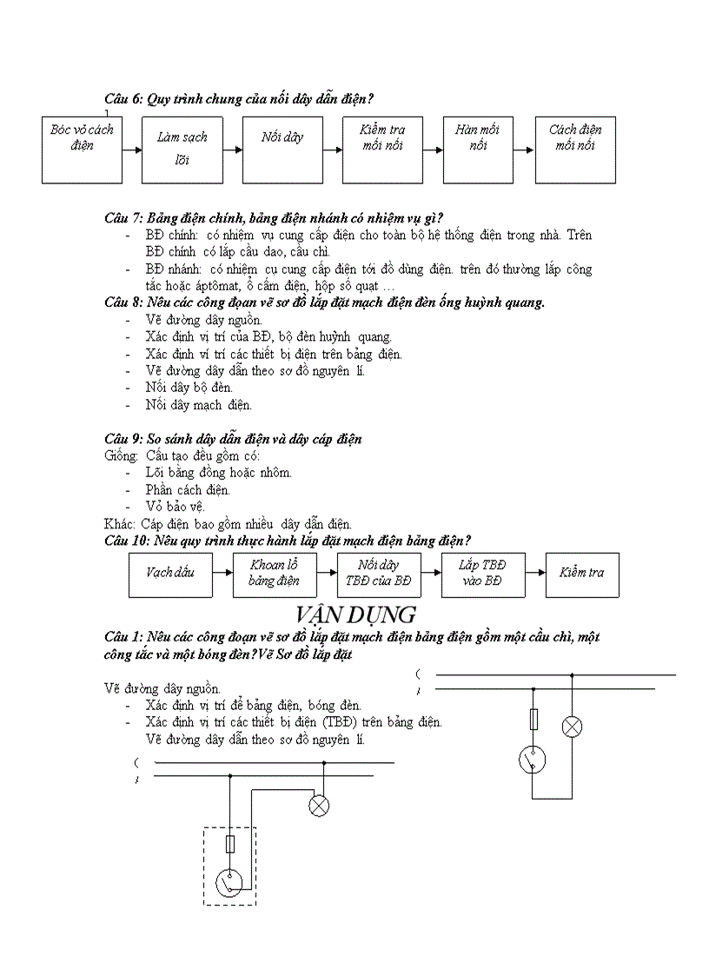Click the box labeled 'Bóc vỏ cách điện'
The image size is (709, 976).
pyautogui.click(x=83, y=149)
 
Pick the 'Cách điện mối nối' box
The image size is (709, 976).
pyautogui.click(x=575, y=149)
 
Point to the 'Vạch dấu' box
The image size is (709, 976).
pyautogui.click(x=170, y=574)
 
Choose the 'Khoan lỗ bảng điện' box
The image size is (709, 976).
pyautogui.click(x=275, y=574)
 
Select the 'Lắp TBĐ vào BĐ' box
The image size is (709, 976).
pyautogui.click(x=482, y=574)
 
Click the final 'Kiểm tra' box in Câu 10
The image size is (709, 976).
pyautogui.click(x=582, y=574)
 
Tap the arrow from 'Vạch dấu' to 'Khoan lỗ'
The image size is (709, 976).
pyautogui.click(x=222, y=574)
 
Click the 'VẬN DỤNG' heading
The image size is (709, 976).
pyautogui.click(x=355, y=614)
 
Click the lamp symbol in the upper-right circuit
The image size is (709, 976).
pyautogui.click(x=572, y=727)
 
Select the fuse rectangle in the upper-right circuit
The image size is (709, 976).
pyautogui.click(x=533, y=718)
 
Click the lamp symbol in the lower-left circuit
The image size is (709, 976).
pyautogui.click(x=320, y=807)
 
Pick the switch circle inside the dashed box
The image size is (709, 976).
pyautogui.click(x=229, y=882)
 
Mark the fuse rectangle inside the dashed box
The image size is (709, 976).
pyautogui.click(x=230, y=843)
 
